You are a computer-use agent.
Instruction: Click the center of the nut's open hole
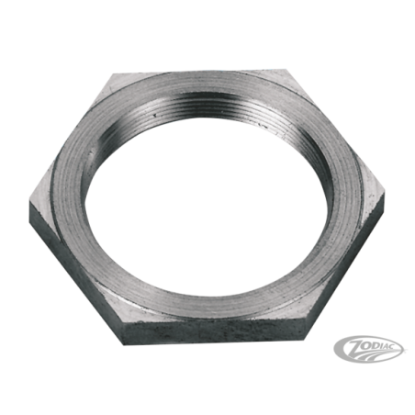click(x=206, y=205)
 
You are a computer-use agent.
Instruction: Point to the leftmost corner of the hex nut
click(x=29, y=201)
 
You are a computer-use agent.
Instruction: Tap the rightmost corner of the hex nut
click(x=385, y=195)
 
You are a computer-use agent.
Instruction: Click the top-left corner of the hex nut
click(x=113, y=74)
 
